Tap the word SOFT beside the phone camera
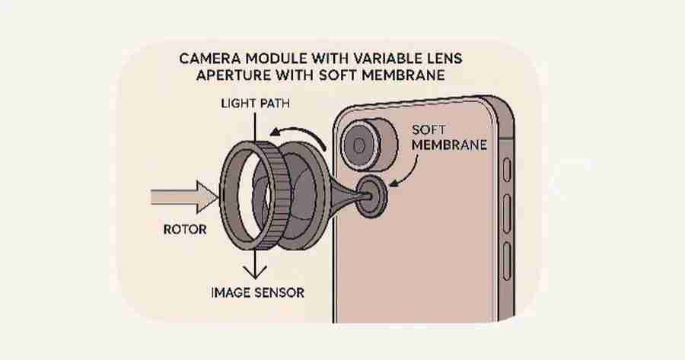pos(427,129)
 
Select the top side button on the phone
pos(508,168)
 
